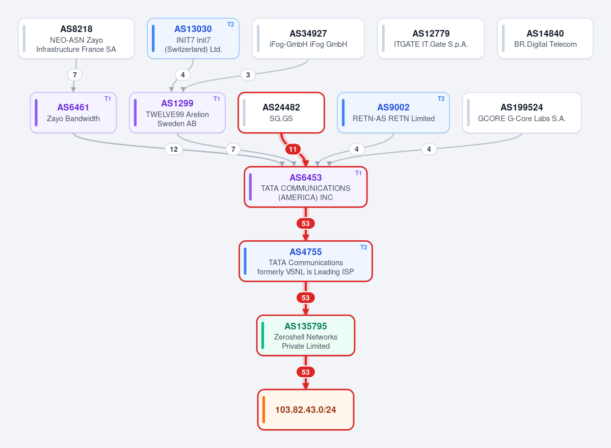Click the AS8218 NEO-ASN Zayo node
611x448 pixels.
76,39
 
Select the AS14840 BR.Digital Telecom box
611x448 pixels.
545,39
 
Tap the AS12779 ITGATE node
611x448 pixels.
431,39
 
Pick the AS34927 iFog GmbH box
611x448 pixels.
308,39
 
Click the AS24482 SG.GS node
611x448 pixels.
281,113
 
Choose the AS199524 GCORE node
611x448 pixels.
522,113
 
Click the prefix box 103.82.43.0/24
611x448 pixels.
306,410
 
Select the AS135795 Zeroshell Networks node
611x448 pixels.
306,335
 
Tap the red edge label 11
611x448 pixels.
293,149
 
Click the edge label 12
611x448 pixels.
174,149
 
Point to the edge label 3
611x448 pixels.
248,75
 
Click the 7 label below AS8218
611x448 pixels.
75,75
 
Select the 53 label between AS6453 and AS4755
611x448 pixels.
306,223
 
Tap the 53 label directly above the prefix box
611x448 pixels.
306,372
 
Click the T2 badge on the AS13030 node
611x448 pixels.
231,24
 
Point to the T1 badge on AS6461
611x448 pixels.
108,99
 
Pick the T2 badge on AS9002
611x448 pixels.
441,99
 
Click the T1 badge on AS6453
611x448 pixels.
358,173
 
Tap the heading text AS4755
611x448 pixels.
306,252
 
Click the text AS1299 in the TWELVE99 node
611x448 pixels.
177,103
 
